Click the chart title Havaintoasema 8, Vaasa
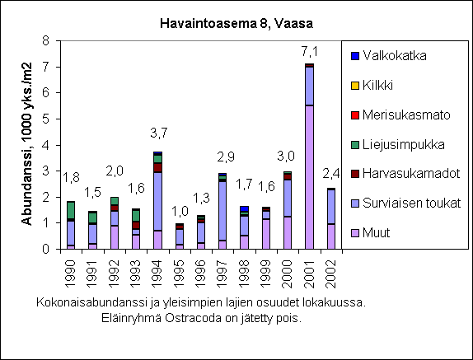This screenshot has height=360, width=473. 236,24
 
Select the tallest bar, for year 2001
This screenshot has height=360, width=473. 309,157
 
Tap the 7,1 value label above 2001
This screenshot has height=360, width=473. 310,52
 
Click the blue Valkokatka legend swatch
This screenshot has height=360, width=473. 355,56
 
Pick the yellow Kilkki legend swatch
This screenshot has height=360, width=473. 355,86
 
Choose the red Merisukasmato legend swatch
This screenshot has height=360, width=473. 355,115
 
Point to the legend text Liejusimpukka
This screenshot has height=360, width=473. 403,145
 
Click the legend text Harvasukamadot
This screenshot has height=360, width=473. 411,174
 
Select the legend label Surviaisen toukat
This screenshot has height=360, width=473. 411,203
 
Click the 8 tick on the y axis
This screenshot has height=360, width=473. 45,40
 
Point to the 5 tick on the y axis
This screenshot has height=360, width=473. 45,119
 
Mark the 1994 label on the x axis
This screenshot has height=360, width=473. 157,274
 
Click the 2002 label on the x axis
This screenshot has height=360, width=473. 331,274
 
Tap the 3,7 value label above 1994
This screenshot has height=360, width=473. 159,133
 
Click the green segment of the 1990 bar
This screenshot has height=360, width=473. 71,210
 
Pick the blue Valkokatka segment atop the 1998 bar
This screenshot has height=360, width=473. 245,209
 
